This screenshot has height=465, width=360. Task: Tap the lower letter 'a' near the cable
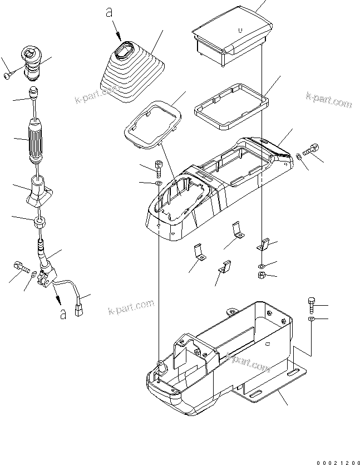[63, 315]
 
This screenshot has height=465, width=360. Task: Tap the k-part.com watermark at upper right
[329, 100]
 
